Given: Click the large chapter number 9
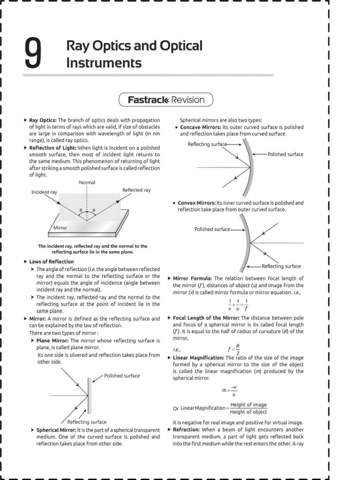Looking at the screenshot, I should pos(33,53).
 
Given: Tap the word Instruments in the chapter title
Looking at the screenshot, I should pos(104,62).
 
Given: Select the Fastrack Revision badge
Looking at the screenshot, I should pos(166,100).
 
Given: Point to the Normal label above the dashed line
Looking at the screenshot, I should pos(87,182).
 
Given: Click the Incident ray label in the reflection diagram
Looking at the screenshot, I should pos(44,192).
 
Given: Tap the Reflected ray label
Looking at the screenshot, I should pos(136,190).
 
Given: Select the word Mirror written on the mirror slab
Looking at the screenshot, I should pos(60,227).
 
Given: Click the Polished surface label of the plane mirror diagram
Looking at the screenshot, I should pos(122,375).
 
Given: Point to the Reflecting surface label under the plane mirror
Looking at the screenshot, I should pos(87,422).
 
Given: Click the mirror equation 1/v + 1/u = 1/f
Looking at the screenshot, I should pos(238,304).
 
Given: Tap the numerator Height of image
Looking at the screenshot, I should pos(248,405).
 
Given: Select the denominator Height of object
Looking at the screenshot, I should pos(248,412).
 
